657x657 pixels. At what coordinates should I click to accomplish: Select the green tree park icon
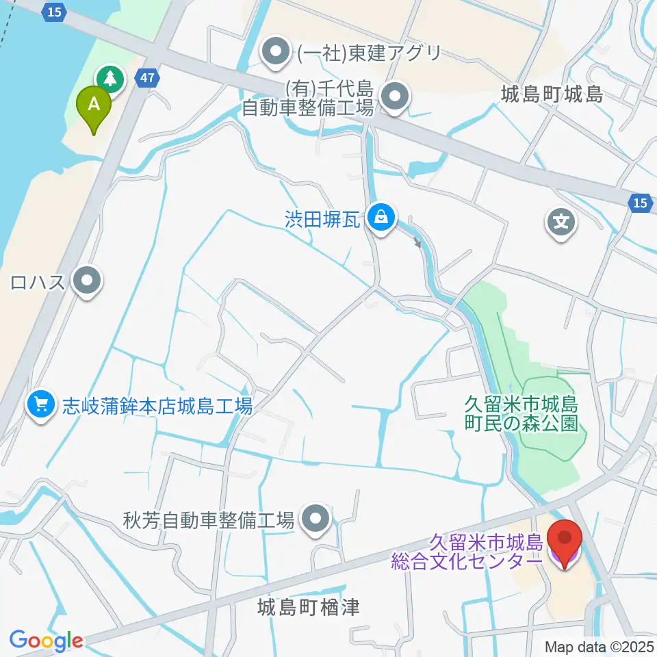[109, 79]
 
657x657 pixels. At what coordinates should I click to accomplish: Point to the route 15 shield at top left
[55, 11]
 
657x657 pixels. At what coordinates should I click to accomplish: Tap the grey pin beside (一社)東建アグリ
[276, 53]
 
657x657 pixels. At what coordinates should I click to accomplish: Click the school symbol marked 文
[560, 221]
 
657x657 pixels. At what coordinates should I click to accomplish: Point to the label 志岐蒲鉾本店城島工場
[157, 405]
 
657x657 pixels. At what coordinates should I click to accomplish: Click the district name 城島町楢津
[309, 606]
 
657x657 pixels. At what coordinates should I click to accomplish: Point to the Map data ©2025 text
[599, 646]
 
